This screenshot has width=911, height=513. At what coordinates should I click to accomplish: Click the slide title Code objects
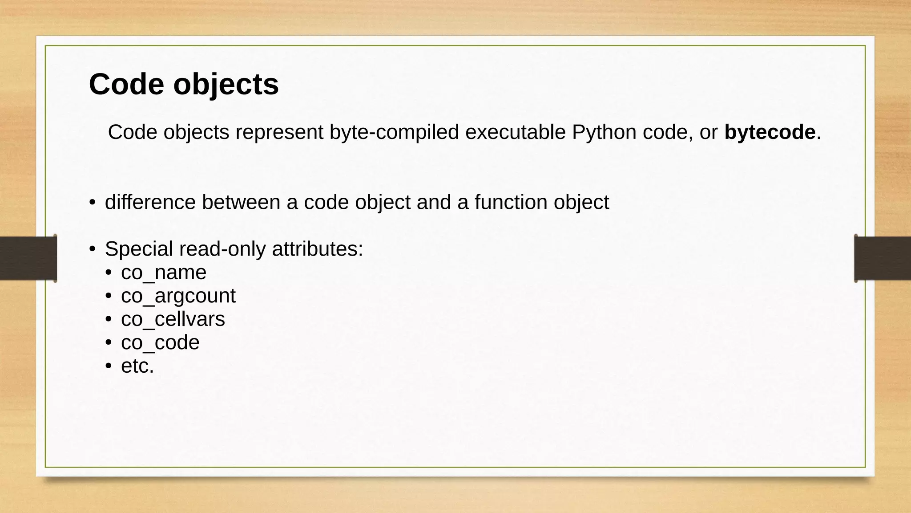point(184,84)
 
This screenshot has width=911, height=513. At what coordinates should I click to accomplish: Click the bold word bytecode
point(770,132)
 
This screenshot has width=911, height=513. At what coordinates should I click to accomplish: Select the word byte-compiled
point(394,132)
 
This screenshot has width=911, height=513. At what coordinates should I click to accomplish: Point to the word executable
point(515,132)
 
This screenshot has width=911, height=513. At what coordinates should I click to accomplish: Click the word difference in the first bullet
point(150,202)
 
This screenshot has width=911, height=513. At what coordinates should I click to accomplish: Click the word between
point(241,202)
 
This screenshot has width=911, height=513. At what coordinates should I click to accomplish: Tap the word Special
point(139,249)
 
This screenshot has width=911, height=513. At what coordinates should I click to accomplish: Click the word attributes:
point(318,249)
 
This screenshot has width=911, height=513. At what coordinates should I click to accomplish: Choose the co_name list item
point(164,273)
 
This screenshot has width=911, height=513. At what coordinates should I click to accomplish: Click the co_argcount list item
point(178,296)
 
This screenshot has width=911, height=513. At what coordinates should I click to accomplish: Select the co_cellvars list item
point(173,319)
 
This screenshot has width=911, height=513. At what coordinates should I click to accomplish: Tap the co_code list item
point(160,343)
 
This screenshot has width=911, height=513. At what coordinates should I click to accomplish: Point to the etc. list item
point(137,366)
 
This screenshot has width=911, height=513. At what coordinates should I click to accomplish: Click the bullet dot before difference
point(92,203)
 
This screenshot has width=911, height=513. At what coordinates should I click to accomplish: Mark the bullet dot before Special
point(92,249)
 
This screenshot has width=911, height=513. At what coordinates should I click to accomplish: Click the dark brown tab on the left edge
point(28,258)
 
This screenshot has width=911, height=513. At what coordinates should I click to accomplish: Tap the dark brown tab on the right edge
point(883,258)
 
